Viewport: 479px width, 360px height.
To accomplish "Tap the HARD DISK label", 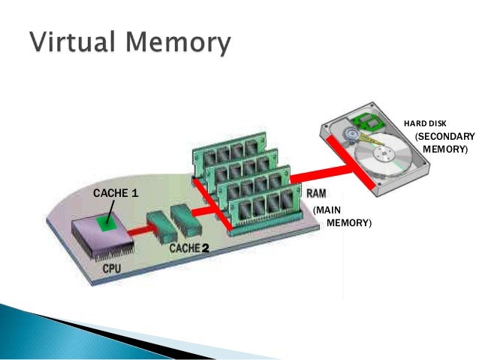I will point(425,123).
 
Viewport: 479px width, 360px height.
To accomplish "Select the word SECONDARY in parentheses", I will point(444,137).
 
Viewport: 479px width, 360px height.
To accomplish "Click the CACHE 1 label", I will point(115,193).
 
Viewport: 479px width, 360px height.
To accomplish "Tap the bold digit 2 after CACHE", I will point(204,247).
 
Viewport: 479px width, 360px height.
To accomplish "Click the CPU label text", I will point(113,268).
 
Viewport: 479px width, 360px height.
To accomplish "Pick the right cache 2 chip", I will point(185,217).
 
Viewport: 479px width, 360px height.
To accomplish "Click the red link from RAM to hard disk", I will point(330,170).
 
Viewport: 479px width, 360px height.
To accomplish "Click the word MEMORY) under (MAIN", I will point(349,224).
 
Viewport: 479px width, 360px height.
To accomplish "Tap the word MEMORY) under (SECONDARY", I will point(444,150).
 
